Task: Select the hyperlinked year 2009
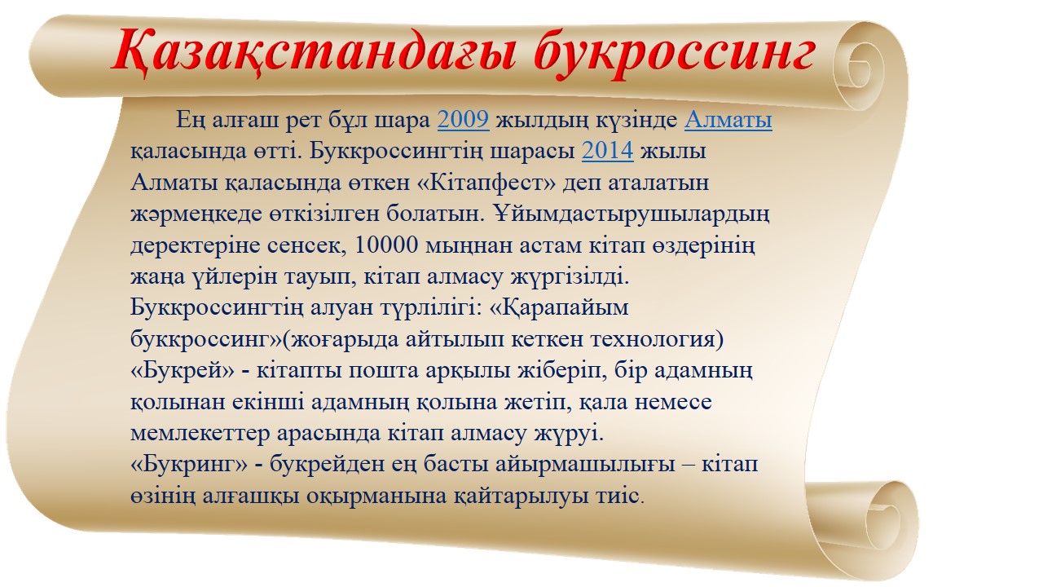[x=464, y=120]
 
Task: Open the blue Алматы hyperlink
[x=728, y=120]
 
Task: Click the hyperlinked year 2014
[x=608, y=151]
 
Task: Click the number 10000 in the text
[x=386, y=245]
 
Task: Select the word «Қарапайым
[x=559, y=308]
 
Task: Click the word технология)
[x=658, y=340]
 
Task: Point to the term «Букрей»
[x=183, y=371]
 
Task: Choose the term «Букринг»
[x=189, y=465]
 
